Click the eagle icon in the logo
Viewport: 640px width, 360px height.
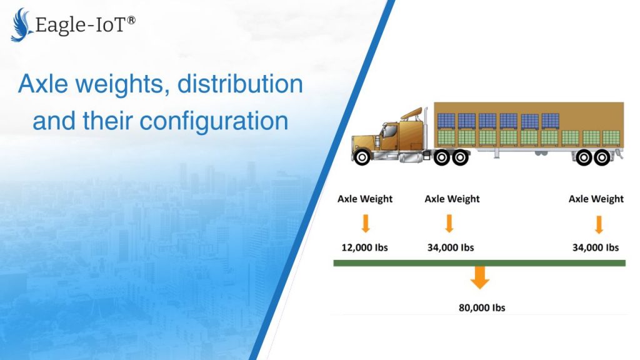click(21, 25)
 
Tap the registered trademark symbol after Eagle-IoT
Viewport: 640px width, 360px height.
click(131, 20)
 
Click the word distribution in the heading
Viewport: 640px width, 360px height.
click(240, 84)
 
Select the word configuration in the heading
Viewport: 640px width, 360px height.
click(214, 122)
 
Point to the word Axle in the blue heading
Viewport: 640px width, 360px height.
click(43, 84)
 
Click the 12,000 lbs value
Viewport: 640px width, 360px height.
click(364, 247)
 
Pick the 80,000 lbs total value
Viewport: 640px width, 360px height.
click(482, 307)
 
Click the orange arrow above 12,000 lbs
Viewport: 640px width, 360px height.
click(366, 223)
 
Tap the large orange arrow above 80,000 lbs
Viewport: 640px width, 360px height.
click(479, 277)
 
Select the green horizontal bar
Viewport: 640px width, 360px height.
click(479, 263)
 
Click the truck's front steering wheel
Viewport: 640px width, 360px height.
click(362, 157)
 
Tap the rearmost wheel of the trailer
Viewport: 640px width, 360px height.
click(602, 157)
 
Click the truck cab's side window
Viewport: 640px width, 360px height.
click(390, 131)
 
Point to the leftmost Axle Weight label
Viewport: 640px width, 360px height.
click(365, 199)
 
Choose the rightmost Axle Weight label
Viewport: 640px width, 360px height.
click(596, 199)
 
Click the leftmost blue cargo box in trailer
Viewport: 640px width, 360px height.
click(446, 121)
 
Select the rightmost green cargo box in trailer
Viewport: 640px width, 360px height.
click(611, 138)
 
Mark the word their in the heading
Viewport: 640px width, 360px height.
click(107, 121)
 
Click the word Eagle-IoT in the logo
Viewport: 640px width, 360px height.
click(81, 25)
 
